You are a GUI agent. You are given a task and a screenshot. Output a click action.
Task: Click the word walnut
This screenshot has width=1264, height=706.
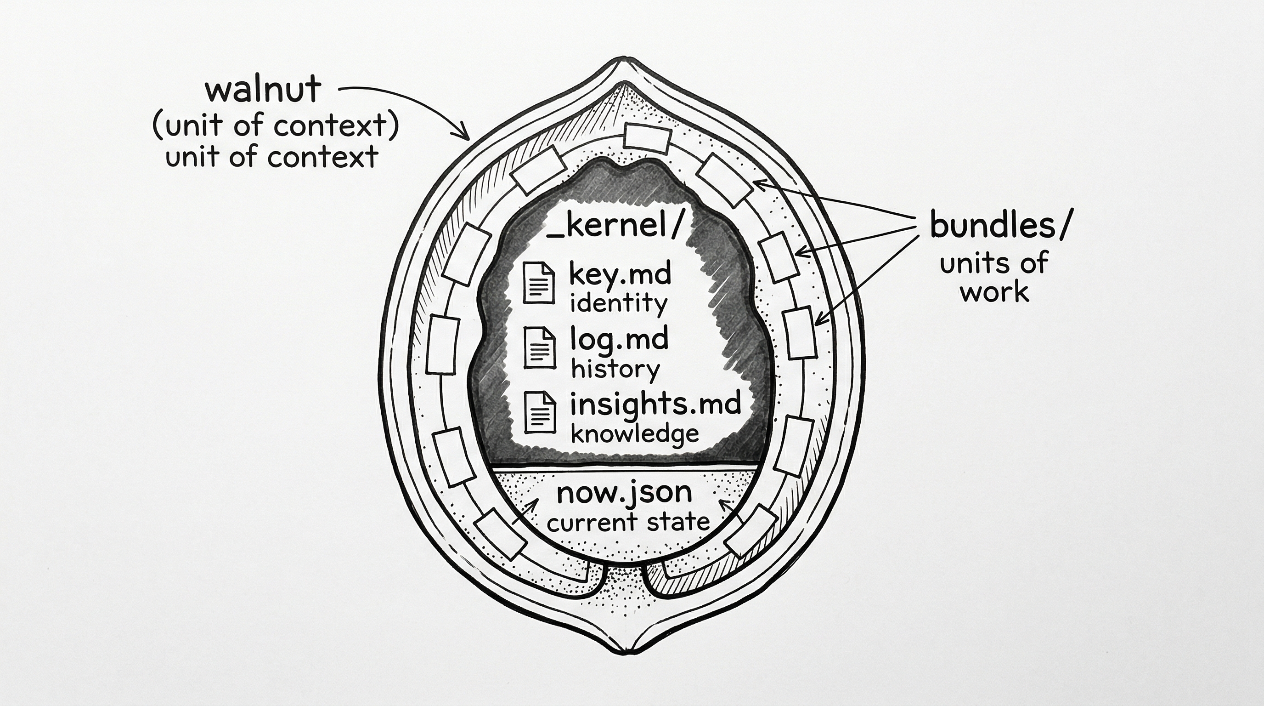(x=263, y=91)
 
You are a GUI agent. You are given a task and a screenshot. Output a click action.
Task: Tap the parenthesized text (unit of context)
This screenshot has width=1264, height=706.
(x=275, y=125)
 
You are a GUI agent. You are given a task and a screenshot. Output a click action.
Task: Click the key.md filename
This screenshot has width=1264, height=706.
(x=620, y=273)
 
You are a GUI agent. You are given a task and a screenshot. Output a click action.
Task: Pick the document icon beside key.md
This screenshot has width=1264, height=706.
(x=539, y=283)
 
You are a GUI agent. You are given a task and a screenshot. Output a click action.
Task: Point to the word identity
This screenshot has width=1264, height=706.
(x=618, y=303)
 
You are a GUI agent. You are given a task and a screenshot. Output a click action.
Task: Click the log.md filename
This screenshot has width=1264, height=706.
(x=619, y=339)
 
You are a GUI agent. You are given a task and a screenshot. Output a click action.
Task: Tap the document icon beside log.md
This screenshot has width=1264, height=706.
(x=540, y=347)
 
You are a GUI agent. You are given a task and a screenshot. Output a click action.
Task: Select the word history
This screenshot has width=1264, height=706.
(x=615, y=369)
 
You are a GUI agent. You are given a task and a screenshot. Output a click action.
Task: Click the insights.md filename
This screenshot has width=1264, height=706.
(x=655, y=404)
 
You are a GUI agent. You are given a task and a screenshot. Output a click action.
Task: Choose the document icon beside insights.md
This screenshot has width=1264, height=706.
(x=540, y=412)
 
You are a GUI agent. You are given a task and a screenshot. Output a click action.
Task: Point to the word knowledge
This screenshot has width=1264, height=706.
(x=635, y=434)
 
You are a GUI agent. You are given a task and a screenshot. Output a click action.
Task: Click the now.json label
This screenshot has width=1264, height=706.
(x=624, y=492)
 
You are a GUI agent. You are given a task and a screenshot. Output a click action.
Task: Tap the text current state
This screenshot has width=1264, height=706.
(x=628, y=522)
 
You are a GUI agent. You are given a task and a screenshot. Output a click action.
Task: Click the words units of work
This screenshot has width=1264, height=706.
(x=994, y=278)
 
